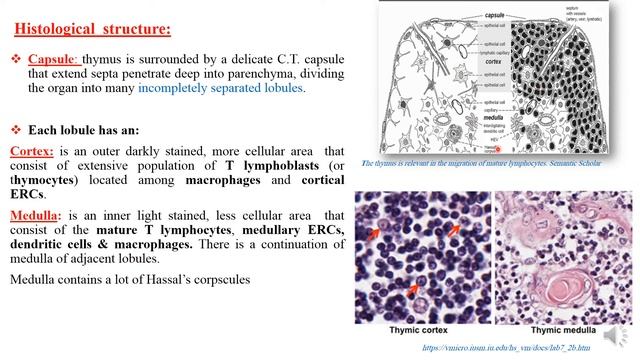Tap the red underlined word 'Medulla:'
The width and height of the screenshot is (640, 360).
coord(36,215)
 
